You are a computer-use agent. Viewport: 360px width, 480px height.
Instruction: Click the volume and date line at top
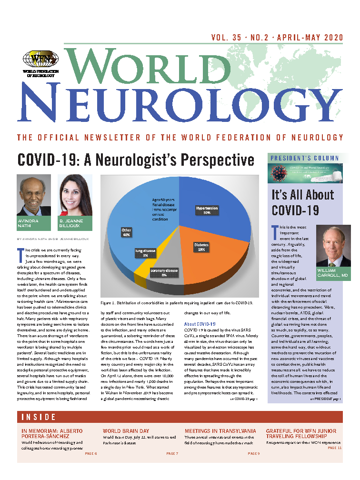coord(277,38)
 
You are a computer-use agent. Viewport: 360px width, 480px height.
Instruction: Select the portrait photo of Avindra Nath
coord(34,196)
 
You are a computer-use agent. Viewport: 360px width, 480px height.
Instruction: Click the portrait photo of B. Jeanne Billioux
coord(75,196)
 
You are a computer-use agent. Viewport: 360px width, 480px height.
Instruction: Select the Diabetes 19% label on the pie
coord(201,247)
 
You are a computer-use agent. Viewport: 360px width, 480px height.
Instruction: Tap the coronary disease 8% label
coord(164,273)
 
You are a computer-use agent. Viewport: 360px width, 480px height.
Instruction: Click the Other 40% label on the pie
coord(127,233)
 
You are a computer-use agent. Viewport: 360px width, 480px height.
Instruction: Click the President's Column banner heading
coord(304,158)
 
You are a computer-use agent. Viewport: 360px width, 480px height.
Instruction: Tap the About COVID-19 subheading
coord(200,324)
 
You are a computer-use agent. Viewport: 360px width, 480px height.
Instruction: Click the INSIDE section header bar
coord(180,418)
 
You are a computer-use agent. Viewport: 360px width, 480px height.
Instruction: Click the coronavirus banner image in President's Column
coord(304,173)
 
